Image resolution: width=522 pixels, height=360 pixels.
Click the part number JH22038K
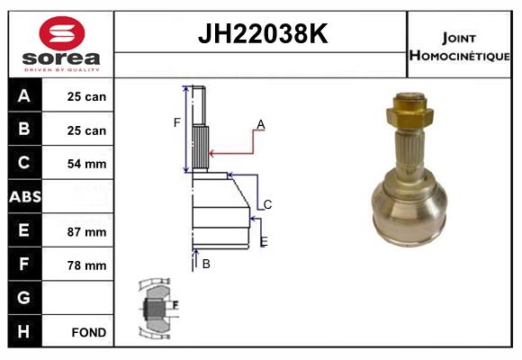tap(261, 34)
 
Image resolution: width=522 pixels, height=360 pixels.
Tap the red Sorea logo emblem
tap(61, 34)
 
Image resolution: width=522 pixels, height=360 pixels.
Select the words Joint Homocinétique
tap(461, 45)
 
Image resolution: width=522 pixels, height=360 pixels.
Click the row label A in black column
tap(24, 95)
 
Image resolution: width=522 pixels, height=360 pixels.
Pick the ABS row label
tap(24, 197)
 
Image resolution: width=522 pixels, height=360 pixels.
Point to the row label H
tap(24, 331)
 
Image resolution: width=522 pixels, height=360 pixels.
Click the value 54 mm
tap(87, 164)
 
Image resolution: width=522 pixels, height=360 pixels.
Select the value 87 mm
tap(87, 231)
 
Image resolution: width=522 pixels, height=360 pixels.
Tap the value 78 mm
tap(87, 265)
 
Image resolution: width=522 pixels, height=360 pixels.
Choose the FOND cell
tap(88, 332)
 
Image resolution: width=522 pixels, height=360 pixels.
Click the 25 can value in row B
tap(87, 130)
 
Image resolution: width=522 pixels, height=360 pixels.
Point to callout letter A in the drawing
tap(260, 123)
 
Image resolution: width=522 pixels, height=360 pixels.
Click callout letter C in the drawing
tap(267, 204)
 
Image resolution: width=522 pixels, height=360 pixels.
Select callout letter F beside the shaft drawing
tap(177, 122)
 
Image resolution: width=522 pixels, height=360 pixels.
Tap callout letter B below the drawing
tap(206, 264)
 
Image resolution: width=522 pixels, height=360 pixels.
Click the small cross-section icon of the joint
tap(157, 308)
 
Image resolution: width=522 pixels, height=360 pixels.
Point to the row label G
tap(24, 298)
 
